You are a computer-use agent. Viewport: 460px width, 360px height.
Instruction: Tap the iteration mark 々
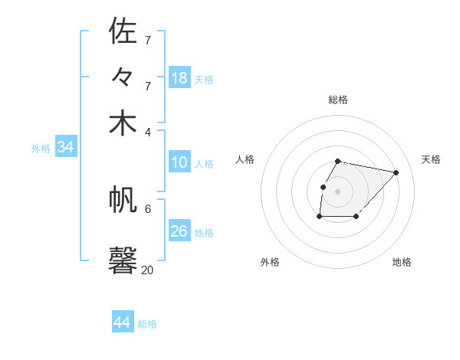123,77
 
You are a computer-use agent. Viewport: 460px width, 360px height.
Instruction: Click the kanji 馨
123,259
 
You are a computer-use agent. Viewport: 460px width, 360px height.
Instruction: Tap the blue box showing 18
179,78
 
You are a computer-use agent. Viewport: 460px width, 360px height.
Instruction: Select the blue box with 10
179,162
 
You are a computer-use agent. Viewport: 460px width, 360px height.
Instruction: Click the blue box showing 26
179,231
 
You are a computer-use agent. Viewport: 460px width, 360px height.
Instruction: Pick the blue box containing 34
65,147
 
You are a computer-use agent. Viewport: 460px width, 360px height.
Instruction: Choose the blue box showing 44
123,322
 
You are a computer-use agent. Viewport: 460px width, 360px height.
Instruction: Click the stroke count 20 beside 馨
147,270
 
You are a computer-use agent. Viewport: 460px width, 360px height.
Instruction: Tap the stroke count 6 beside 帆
148,208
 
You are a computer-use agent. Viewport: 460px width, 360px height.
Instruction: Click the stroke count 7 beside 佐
148,39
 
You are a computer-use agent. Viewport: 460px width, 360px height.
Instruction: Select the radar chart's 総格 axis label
338,100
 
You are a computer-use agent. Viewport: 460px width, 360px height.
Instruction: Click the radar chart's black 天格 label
431,159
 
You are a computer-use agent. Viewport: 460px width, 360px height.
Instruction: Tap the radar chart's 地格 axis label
402,262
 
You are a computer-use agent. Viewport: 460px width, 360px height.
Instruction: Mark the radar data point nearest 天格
396,173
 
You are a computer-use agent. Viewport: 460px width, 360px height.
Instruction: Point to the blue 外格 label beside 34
41,149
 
